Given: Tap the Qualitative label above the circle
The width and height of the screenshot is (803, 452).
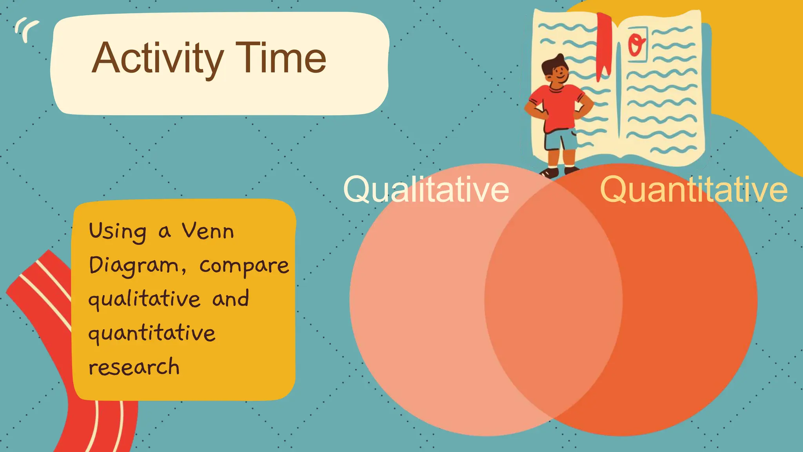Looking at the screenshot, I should coord(426,190).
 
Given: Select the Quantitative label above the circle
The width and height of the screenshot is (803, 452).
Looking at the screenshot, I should coord(694,190).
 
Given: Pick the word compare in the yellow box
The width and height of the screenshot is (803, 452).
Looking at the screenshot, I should coord(244,266).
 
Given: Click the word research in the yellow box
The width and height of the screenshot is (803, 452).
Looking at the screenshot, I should coord(134,367).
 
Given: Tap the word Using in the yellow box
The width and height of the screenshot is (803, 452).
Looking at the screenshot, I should coord(118,231).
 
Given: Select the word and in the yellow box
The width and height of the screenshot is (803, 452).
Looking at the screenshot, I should coord(231,299).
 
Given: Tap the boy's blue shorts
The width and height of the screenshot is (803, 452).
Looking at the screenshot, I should coord(561,139).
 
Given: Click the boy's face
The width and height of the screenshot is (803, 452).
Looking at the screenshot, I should coord(558,73).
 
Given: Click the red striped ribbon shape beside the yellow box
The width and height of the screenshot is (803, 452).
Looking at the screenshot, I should coord(43,298).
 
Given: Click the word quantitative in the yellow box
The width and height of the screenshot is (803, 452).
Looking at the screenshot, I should coord(152,334).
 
